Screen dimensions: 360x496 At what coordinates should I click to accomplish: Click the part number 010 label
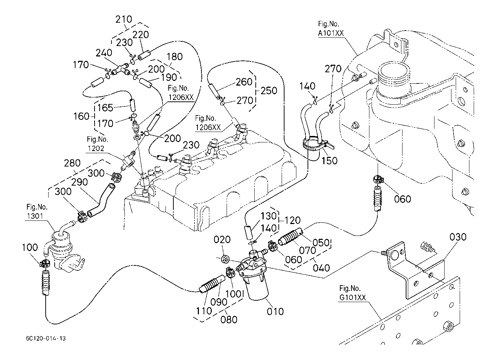coord(275,311)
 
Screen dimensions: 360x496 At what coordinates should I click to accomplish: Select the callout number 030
coord(458,237)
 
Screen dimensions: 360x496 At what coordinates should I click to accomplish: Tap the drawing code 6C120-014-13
coord(46,339)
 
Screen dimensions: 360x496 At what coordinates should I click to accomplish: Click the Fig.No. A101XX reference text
coord(331,29)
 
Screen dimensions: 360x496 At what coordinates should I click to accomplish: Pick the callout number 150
coord(329,160)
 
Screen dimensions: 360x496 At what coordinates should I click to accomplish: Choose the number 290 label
coord(79,182)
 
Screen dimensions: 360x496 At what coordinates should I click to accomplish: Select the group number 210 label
coord(124,19)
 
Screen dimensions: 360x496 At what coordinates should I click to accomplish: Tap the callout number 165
coord(105,108)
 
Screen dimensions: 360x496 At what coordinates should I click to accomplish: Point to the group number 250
coord(269,91)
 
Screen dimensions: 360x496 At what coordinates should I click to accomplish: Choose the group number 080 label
coord(229,319)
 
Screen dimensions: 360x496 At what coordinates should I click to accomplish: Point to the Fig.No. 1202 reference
coord(97,143)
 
